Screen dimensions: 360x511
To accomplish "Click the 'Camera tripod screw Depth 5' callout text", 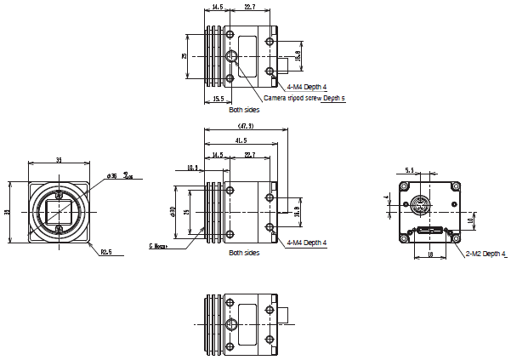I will (304, 99).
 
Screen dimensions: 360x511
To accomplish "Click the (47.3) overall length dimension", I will (246, 127).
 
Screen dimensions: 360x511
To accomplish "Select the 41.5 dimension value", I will (240, 140).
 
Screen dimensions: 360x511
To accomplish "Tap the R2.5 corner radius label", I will (106, 252).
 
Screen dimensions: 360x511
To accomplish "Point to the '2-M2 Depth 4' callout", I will (485, 254).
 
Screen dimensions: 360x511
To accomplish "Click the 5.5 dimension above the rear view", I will (409, 171).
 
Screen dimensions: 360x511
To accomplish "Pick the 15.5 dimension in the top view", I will (218, 100).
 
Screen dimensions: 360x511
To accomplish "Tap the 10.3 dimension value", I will (192, 168).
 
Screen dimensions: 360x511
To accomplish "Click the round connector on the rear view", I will (420, 205).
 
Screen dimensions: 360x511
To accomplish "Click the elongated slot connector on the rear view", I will (429, 230).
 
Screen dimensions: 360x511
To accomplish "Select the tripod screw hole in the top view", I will (233, 57).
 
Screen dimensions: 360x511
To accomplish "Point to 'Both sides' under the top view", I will (245, 110).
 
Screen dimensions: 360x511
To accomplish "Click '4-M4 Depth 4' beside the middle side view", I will (307, 243).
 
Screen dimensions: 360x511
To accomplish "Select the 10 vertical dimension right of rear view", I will (470, 221).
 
